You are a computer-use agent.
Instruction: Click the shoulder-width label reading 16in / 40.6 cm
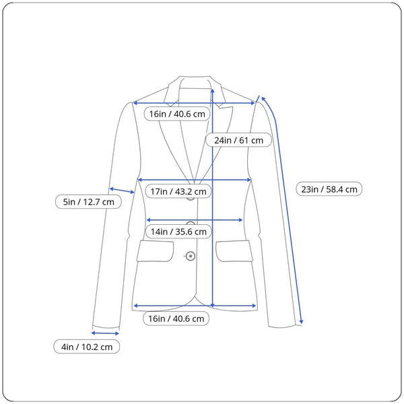pyautogui.click(x=177, y=114)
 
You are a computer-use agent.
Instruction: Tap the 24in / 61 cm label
pyautogui.click(x=238, y=140)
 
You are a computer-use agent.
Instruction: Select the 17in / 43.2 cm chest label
pyautogui.click(x=178, y=191)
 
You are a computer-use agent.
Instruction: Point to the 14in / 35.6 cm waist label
pyautogui.click(x=178, y=232)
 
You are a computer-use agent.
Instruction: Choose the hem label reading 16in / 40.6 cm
pyautogui.click(x=176, y=318)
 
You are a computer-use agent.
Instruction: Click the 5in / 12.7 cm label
pyautogui.click(x=88, y=202)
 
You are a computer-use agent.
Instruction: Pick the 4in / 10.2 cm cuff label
pyautogui.click(x=87, y=347)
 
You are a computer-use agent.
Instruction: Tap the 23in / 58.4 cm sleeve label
pyautogui.click(x=329, y=189)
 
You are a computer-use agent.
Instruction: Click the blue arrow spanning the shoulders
pyautogui.click(x=194, y=103)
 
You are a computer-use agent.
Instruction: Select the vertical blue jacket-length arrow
pyautogui.click(x=213, y=198)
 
